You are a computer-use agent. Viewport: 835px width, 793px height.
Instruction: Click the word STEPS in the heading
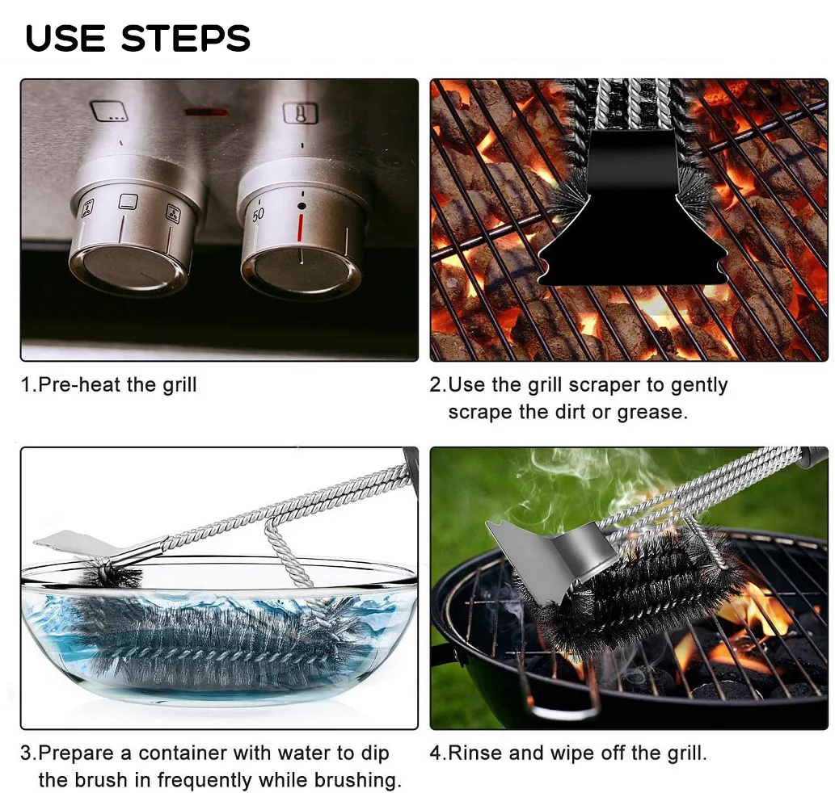[x=185, y=38]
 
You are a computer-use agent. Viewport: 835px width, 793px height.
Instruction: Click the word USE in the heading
[x=65, y=38]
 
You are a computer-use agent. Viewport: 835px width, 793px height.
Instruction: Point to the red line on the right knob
[x=301, y=227]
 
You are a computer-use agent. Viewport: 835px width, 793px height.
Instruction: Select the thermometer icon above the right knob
[x=300, y=113]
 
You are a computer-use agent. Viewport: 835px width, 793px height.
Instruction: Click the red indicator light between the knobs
[x=207, y=113]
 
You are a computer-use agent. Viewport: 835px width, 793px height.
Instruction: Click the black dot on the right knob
[x=302, y=206]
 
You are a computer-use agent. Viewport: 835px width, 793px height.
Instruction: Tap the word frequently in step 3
[x=205, y=780]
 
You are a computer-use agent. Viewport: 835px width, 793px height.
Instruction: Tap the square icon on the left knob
[x=128, y=202]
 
